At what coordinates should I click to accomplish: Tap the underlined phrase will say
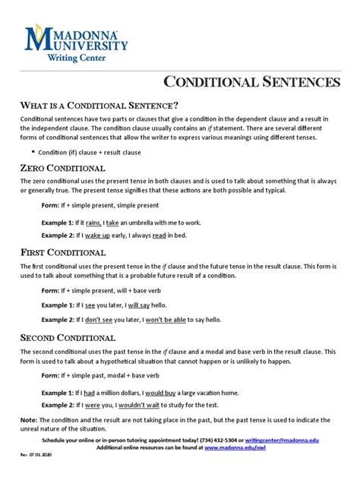(140, 305)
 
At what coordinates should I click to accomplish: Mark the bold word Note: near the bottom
(28, 420)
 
